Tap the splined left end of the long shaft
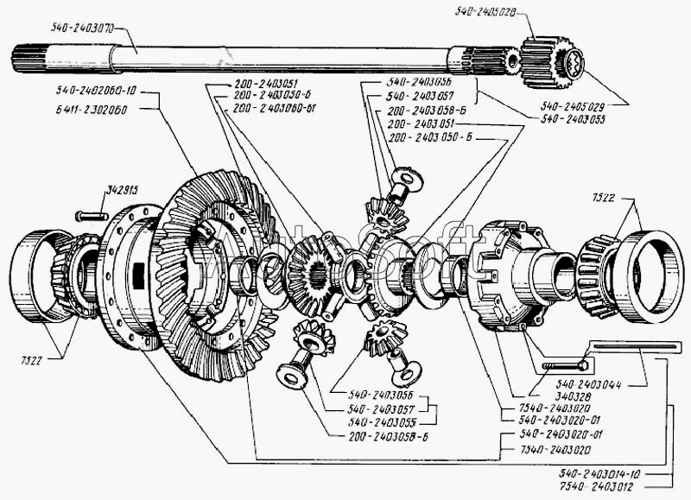29,62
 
